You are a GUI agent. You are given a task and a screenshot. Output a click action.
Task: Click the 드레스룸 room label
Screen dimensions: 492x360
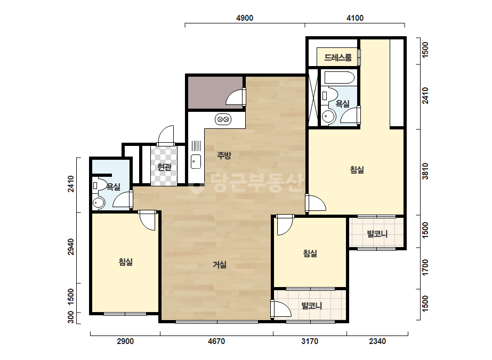pos(337,58)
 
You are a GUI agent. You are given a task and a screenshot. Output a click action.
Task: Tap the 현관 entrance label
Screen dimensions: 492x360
pos(164,167)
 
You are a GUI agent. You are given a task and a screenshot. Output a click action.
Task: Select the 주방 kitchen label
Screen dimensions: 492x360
pos(224,155)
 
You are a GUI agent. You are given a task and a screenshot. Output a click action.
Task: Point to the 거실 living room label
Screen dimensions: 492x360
pos(220,265)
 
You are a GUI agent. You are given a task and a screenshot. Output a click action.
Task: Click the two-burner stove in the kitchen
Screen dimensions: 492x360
pos(223,119)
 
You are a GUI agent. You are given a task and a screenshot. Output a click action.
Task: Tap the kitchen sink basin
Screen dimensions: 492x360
pos(196,161)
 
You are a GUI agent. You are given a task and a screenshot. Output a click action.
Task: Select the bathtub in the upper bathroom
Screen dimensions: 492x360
pos(339,78)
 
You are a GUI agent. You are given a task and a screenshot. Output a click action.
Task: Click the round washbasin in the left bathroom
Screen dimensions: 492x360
pos(99,203)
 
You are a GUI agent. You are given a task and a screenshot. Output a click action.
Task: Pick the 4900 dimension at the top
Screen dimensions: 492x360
pos(245,18)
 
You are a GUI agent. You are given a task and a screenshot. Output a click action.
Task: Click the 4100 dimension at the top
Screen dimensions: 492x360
pos(355,18)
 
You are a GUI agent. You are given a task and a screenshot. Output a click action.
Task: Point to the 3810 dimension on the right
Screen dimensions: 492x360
pos(425,171)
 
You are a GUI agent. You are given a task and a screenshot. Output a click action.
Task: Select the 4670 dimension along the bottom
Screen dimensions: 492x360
pos(216,341)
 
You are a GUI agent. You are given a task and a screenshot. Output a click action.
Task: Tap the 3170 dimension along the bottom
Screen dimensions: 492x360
pos(310,341)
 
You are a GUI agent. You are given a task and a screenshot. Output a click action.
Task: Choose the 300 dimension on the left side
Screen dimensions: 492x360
pos(71,317)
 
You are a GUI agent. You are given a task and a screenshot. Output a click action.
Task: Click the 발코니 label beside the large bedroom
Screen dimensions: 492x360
pos(377,234)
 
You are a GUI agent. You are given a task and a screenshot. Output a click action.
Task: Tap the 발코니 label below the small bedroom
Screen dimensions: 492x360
pos(312,306)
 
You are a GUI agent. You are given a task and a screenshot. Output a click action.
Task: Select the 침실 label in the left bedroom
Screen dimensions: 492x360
pos(126,261)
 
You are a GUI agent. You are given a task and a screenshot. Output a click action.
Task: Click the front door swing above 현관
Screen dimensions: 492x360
pos(166,135)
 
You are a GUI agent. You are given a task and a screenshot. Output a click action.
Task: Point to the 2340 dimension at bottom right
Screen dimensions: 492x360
pos(377,341)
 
